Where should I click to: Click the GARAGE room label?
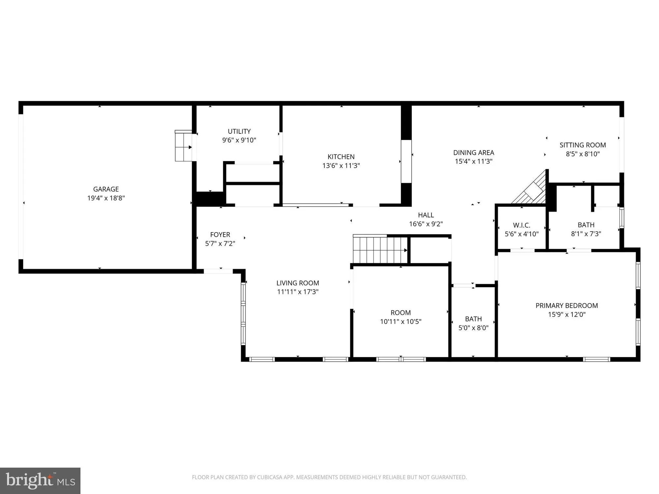point(106,189)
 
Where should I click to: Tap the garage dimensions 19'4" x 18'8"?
point(106,198)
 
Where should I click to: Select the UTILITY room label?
point(239,131)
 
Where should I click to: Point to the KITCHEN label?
point(341,157)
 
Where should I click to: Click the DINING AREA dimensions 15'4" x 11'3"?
point(473,161)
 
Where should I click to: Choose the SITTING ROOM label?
point(583,145)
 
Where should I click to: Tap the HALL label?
point(426,215)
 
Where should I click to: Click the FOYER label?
point(220,234)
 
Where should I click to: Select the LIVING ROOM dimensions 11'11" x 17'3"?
point(298,292)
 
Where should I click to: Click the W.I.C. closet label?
point(522,225)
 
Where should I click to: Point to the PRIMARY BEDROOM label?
point(566,306)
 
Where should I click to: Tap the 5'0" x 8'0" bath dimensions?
point(473,328)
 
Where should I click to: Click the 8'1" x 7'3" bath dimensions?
point(586,234)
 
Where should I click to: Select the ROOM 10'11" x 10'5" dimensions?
point(401,321)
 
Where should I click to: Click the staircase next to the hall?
point(379,250)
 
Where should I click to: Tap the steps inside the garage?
point(183,146)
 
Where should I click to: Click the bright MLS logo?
point(40,480)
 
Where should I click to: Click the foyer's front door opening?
point(218,271)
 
